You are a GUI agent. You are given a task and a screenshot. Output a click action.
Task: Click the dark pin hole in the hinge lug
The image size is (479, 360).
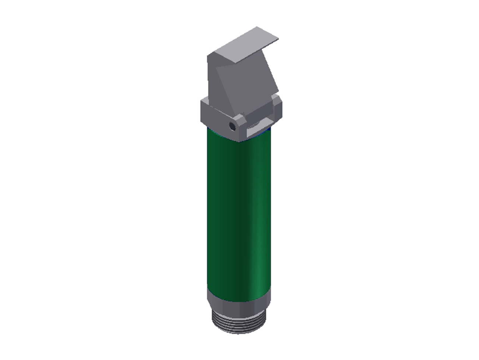(x=232, y=126)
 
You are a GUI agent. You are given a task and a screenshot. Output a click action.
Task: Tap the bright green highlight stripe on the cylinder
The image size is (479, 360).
(x=262, y=221)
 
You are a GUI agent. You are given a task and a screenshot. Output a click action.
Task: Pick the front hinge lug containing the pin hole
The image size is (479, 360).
(x=236, y=127)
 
